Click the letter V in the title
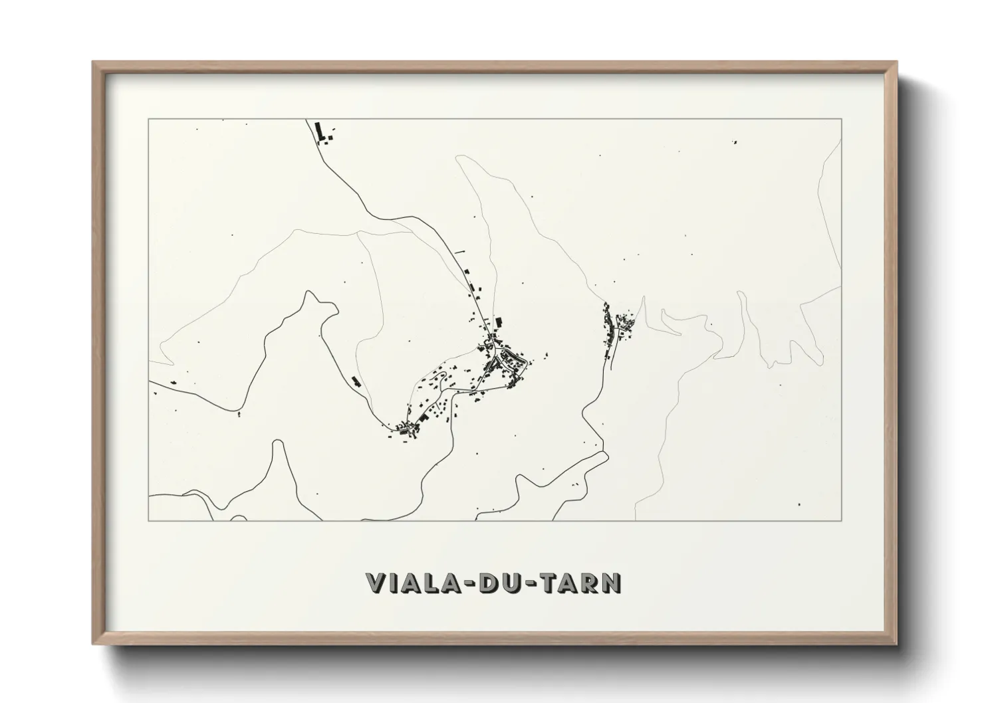tap(376, 583)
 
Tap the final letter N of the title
tap(611, 583)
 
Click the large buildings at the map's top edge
tap(323, 132)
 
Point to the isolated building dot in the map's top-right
tap(735, 142)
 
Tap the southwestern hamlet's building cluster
tap(407, 428)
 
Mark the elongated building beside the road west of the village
tap(356, 381)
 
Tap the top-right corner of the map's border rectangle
tap(842, 119)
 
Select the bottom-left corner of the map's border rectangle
tap(149, 520)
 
